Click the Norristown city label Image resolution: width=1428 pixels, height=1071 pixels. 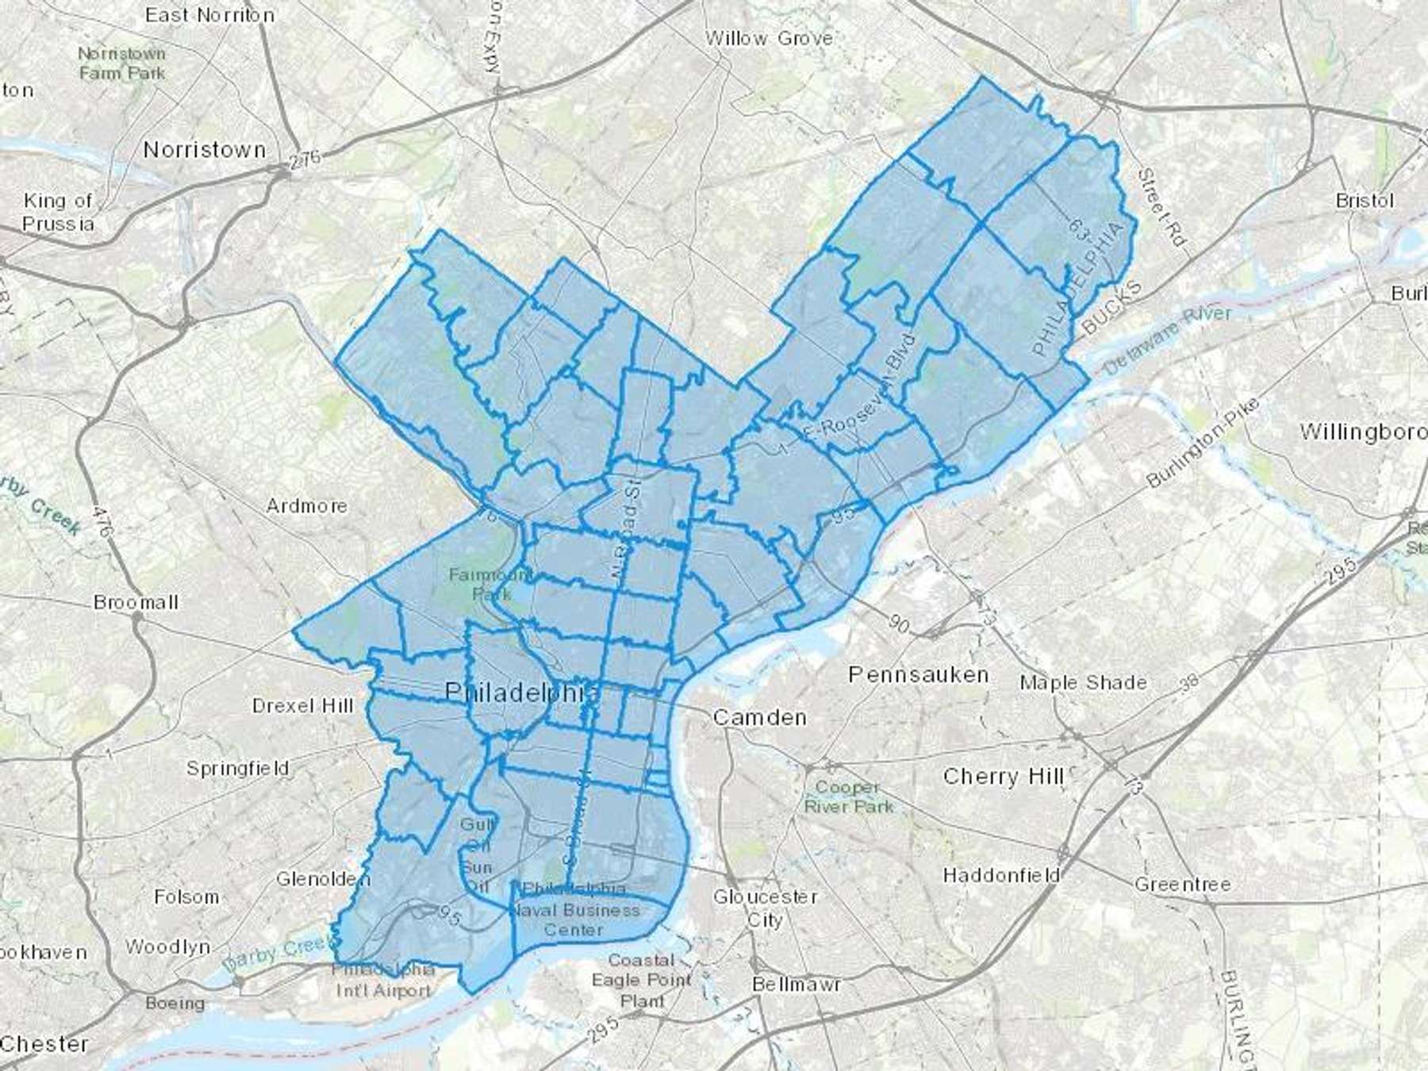click(x=204, y=149)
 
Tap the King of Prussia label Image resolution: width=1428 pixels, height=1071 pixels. click(x=58, y=212)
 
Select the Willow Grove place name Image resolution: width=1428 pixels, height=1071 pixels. click(x=769, y=38)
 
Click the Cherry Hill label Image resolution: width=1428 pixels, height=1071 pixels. click(x=1003, y=776)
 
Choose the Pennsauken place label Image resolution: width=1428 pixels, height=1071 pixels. click(x=918, y=674)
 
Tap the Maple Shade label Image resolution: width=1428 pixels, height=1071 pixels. click(x=1083, y=682)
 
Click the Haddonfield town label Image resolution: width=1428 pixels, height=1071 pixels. click(x=1001, y=875)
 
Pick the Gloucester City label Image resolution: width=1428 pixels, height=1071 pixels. click(x=765, y=908)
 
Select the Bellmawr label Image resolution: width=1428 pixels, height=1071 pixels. click(x=796, y=984)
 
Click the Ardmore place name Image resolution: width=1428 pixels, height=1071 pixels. click(x=306, y=505)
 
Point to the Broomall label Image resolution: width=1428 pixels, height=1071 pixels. click(x=136, y=602)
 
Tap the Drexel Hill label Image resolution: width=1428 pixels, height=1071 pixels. click(x=302, y=705)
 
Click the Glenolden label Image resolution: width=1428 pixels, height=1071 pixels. click(x=323, y=878)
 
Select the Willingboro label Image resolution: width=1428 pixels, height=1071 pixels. click(x=1362, y=432)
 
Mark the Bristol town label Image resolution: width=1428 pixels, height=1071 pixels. click(x=1364, y=200)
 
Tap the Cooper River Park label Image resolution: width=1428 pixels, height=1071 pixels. click(x=848, y=797)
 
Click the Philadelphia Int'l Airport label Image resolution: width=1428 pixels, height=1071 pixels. click(x=383, y=980)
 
